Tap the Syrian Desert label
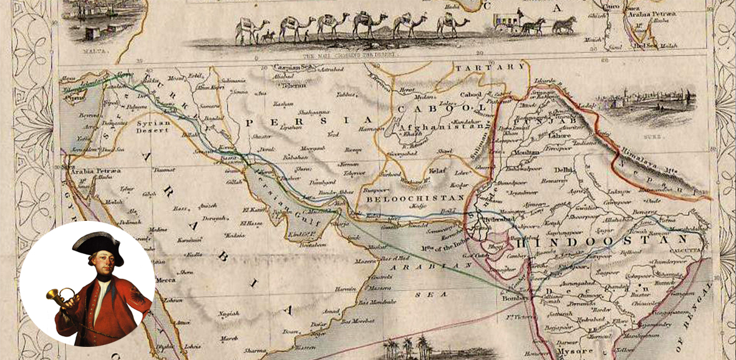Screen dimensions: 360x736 pos(153,127)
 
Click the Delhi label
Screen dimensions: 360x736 pos(564,169)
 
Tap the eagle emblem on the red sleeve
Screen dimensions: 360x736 pos(133,306)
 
